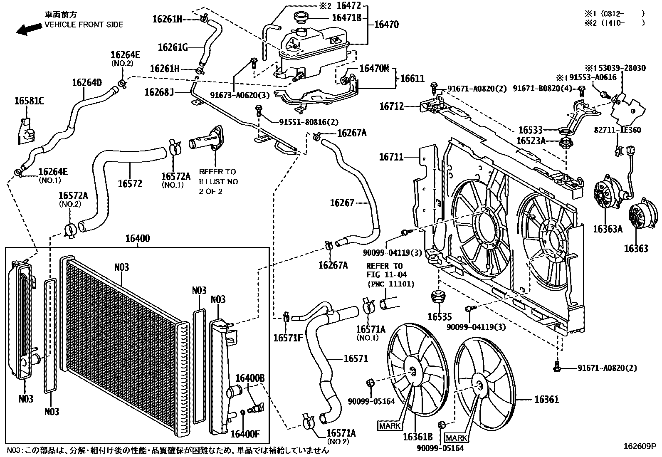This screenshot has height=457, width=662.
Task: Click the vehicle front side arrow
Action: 29,29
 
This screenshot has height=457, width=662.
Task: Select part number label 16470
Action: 387,25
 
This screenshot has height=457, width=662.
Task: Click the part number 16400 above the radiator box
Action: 138,238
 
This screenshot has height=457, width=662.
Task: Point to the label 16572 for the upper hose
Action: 130,183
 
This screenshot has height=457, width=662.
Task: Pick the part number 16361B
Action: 418,437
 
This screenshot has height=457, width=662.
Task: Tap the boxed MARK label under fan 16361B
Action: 390,426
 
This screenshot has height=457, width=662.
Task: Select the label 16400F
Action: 245,434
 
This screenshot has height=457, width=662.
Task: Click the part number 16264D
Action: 87,82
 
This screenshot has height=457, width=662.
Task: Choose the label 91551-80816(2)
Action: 309,122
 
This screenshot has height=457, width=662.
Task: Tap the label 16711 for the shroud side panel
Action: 391,157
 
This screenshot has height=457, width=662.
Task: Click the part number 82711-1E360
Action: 618,130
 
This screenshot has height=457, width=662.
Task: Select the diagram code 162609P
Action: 640,446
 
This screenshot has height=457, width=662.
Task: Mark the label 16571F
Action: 288,338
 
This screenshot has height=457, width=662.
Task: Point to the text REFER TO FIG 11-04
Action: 387,270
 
